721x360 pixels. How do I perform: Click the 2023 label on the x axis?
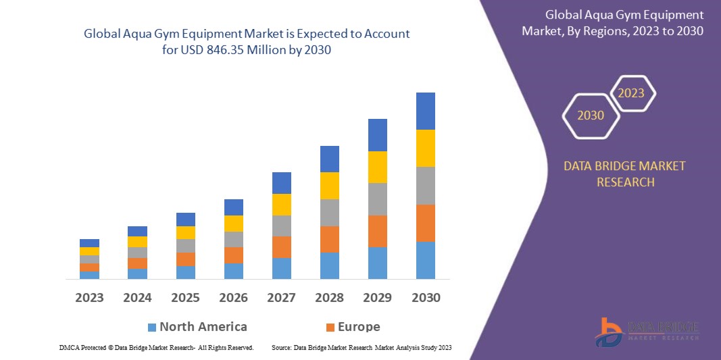point(90,297)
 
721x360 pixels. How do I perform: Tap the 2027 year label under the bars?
point(282,297)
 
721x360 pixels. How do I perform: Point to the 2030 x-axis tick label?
point(426,297)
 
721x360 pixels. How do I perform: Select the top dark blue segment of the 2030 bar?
point(426,111)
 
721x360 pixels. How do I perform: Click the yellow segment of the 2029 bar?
point(378,167)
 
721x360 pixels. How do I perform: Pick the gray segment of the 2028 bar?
point(330,212)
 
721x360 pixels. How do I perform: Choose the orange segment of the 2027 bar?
point(282,247)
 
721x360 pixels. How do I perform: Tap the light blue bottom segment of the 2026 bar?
point(234,271)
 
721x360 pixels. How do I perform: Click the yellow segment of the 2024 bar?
point(138,242)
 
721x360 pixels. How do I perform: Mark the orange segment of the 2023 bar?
point(90,267)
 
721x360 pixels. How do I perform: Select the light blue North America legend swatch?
point(152,328)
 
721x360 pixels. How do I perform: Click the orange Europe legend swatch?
point(330,328)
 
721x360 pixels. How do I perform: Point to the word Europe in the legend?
point(359,327)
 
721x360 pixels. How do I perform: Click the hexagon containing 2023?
point(631,93)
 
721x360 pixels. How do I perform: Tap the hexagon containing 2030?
point(591,115)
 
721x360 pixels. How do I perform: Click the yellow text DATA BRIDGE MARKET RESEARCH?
point(624,174)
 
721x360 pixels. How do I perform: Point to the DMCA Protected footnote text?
point(89,347)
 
